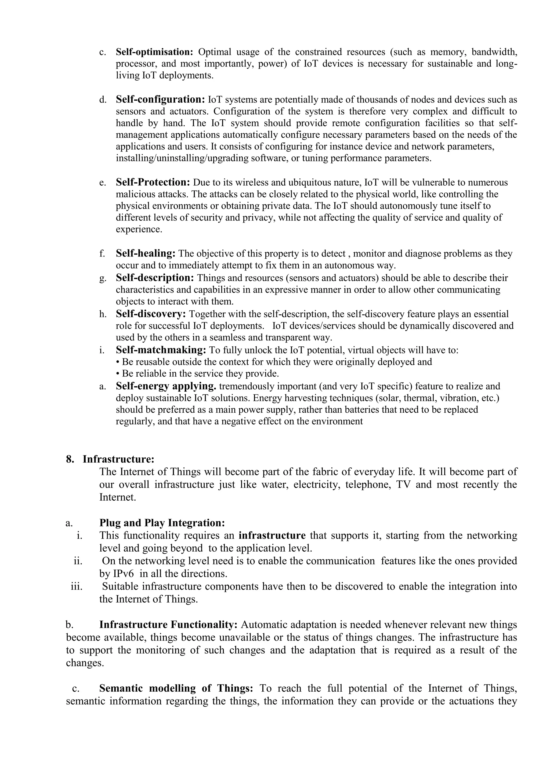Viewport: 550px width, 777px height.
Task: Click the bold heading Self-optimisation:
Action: [x=154, y=52]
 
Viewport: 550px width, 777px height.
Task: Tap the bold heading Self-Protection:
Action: [x=153, y=182]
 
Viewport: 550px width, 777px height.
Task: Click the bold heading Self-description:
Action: [x=155, y=278]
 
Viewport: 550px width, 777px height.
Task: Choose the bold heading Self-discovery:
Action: [x=151, y=314]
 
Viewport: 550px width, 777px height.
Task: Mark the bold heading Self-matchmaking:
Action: [x=161, y=350]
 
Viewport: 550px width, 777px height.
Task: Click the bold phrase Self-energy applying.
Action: [x=166, y=386]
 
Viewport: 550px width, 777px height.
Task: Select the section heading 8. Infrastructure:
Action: [x=110, y=459]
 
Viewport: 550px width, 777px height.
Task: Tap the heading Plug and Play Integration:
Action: [x=162, y=523]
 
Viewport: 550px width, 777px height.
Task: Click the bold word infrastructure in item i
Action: [x=272, y=536]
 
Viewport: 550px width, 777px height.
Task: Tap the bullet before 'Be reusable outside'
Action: [x=118, y=362]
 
